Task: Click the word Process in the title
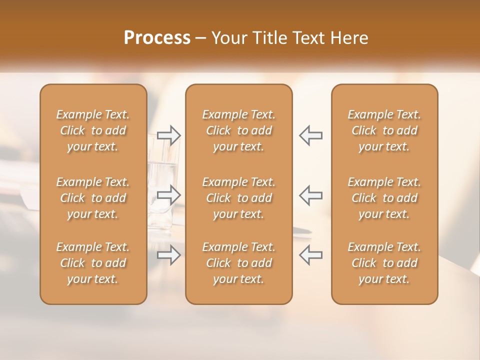[x=157, y=38]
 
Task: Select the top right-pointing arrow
[x=168, y=135]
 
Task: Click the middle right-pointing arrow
[x=168, y=195]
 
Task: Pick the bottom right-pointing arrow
[x=168, y=255]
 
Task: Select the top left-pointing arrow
[x=311, y=135]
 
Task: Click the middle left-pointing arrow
[x=311, y=195]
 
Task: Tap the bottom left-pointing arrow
[x=311, y=255]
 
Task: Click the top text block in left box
[x=93, y=130]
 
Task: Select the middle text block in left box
[x=93, y=198]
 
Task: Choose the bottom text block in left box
[x=93, y=263]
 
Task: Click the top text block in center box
[x=239, y=130]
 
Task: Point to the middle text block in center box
[x=239, y=198]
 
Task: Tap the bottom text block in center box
[x=239, y=263]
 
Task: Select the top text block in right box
[x=384, y=130]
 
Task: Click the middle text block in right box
[x=384, y=198]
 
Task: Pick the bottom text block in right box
[x=384, y=263]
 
